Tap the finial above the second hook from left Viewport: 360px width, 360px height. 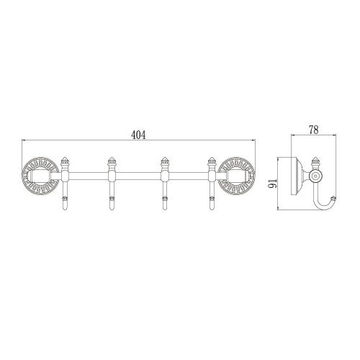pyautogui.click(x=112, y=161)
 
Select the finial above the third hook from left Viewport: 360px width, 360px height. pyautogui.click(x=162, y=161)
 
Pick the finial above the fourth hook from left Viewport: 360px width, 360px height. pyautogui.click(x=212, y=161)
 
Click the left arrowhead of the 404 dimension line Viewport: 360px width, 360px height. pyautogui.click(x=23, y=141)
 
